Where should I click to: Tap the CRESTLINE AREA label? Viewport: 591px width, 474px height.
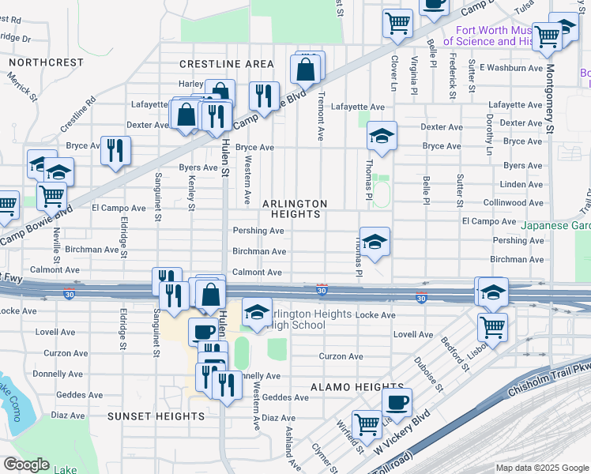pyautogui.click(x=227, y=64)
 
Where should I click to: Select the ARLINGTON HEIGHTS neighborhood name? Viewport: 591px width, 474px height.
pyautogui.click(x=294, y=209)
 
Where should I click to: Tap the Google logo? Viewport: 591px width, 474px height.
pyautogui.click(x=26, y=465)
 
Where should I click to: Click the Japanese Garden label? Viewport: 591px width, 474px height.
pyautogui.click(x=555, y=224)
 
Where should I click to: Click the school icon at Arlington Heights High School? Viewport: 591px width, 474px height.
pyautogui.click(x=257, y=313)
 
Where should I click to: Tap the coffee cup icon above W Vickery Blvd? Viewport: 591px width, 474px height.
pyautogui.click(x=397, y=402)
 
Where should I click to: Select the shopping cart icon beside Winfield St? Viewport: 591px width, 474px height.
pyautogui.click(x=367, y=424)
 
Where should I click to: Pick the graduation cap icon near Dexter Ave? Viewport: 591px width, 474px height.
pyautogui.click(x=381, y=136)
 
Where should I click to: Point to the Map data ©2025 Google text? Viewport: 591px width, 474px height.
pyautogui.click(x=542, y=468)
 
